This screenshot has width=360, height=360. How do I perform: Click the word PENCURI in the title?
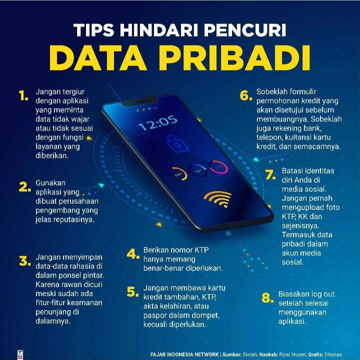point(245,30)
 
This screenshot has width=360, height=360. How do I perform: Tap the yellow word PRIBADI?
point(234,58)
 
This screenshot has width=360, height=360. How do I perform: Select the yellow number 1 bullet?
point(23,95)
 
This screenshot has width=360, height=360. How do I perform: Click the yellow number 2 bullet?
point(24,187)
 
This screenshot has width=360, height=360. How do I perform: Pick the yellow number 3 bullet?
point(25,261)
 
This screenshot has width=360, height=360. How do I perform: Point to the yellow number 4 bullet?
point(133,254)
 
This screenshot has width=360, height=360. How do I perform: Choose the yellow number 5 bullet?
point(132,292)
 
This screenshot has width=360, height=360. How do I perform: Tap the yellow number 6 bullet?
point(245,95)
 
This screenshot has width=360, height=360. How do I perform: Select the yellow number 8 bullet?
point(267,298)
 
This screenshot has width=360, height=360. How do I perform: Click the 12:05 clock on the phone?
point(158,123)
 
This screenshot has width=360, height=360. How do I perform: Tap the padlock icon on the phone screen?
point(177,143)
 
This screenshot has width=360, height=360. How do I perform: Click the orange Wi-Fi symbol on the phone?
point(217,199)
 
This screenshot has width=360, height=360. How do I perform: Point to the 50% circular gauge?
point(178,174)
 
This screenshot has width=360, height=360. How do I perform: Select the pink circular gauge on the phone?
point(218,167)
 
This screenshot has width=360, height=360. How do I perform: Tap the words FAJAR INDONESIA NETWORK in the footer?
point(184,355)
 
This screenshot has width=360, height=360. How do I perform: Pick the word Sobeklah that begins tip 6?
point(271,92)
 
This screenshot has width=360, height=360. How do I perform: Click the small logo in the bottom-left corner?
point(20,355)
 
